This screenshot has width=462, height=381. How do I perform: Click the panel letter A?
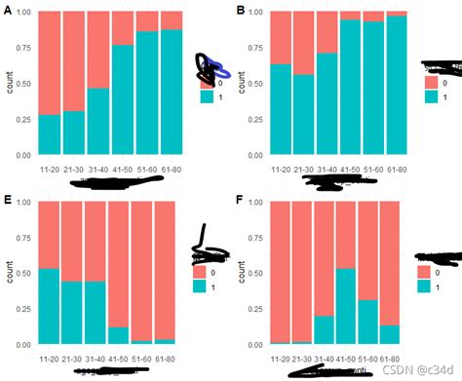[6, 9]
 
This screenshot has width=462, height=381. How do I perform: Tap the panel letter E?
[6, 200]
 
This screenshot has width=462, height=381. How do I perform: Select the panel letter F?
[242, 200]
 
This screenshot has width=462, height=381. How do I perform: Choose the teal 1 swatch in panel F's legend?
[423, 286]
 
